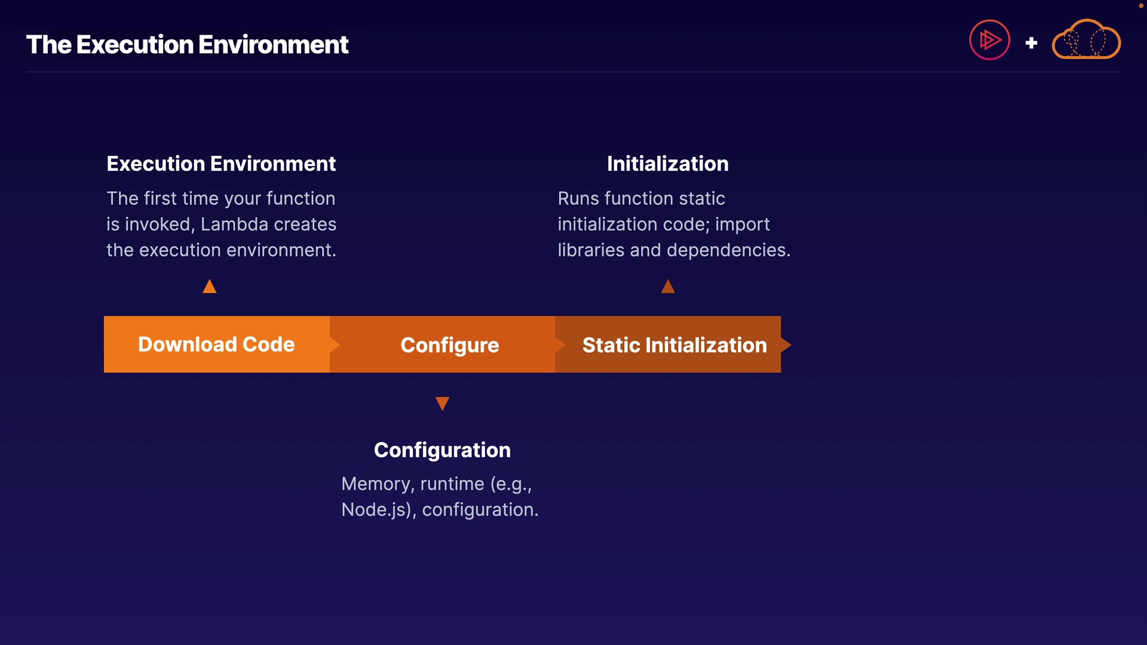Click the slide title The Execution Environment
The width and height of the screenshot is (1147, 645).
coord(187,45)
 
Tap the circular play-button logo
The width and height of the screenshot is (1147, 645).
coord(989,40)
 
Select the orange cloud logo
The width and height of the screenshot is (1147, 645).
coord(1086,39)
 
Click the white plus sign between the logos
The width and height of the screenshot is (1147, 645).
coord(1031,43)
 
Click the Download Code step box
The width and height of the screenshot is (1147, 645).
coord(217,345)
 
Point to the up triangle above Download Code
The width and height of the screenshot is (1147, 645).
coord(210,287)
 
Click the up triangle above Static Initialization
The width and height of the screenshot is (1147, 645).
coord(668,287)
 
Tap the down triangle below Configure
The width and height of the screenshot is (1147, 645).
coord(442,404)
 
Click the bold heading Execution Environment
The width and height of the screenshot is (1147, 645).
coord(221,164)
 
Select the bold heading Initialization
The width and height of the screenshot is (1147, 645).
coord(668,164)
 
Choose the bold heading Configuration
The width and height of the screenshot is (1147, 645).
coord(442,450)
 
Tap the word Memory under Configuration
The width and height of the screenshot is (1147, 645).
coord(378,484)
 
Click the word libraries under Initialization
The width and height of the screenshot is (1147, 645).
coord(591,250)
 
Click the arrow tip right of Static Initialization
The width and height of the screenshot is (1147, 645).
coord(791,345)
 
